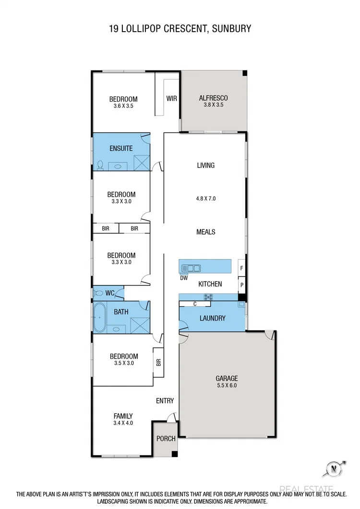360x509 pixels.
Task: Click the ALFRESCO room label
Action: (x=213, y=98)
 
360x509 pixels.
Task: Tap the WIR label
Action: (x=171, y=98)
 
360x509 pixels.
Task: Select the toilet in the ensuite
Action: (x=100, y=166)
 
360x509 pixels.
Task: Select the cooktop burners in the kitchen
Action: (x=209, y=297)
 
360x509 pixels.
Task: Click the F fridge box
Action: (x=242, y=268)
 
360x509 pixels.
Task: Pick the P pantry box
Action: (x=242, y=284)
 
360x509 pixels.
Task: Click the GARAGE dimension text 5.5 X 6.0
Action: (x=227, y=385)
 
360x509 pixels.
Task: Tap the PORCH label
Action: (x=166, y=438)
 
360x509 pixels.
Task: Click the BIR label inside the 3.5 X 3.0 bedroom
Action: (x=158, y=363)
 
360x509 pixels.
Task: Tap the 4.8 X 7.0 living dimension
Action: (x=206, y=198)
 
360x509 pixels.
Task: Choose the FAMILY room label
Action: (x=123, y=416)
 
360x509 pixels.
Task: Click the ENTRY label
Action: (x=165, y=401)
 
